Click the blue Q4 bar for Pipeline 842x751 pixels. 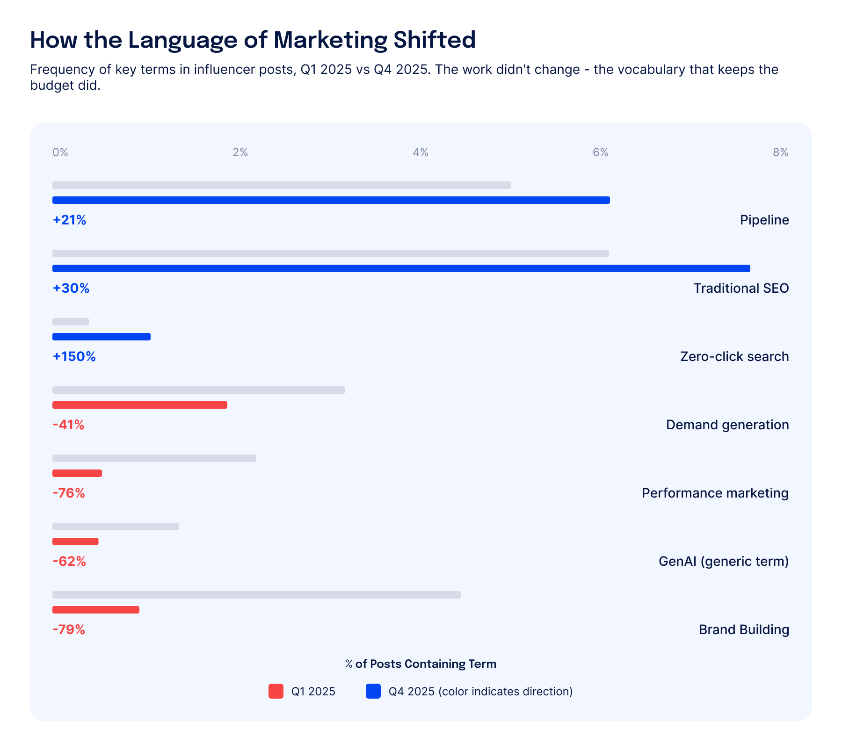(x=331, y=200)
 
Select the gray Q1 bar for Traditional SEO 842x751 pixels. (x=330, y=253)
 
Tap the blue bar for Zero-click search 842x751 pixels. (x=102, y=337)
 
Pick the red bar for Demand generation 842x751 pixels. (x=140, y=405)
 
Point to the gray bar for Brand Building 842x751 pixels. (x=256, y=595)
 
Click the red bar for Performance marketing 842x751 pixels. (x=77, y=473)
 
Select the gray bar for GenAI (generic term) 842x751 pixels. (x=116, y=527)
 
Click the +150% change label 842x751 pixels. (x=74, y=356)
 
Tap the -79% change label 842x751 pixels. (x=69, y=629)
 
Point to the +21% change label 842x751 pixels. (x=69, y=220)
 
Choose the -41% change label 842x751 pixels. (x=68, y=425)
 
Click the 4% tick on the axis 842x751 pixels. (x=420, y=152)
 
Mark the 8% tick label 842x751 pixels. (x=780, y=152)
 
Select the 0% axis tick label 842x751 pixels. (x=60, y=152)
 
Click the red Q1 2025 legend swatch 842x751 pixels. (x=276, y=691)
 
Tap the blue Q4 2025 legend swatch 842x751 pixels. (x=373, y=691)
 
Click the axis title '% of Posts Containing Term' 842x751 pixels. (x=421, y=664)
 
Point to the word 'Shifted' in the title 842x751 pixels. (x=434, y=40)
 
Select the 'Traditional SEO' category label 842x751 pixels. (x=741, y=288)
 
